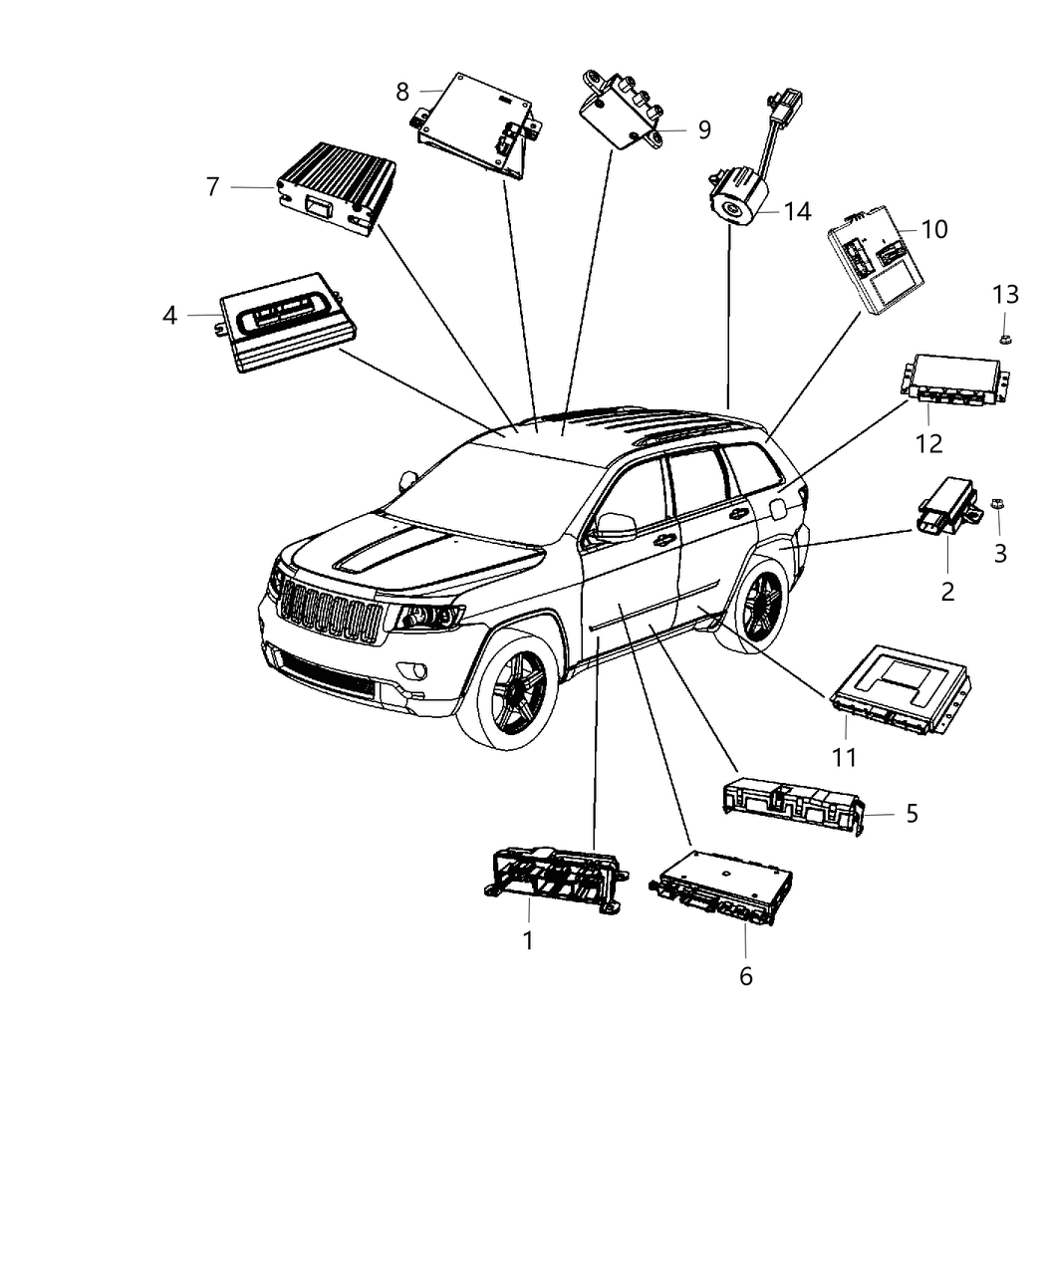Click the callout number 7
(212, 186)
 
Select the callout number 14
(797, 211)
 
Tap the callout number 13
(1005, 295)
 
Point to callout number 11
(844, 757)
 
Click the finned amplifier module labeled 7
(336, 185)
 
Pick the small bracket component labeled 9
(625, 111)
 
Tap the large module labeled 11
(900, 688)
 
